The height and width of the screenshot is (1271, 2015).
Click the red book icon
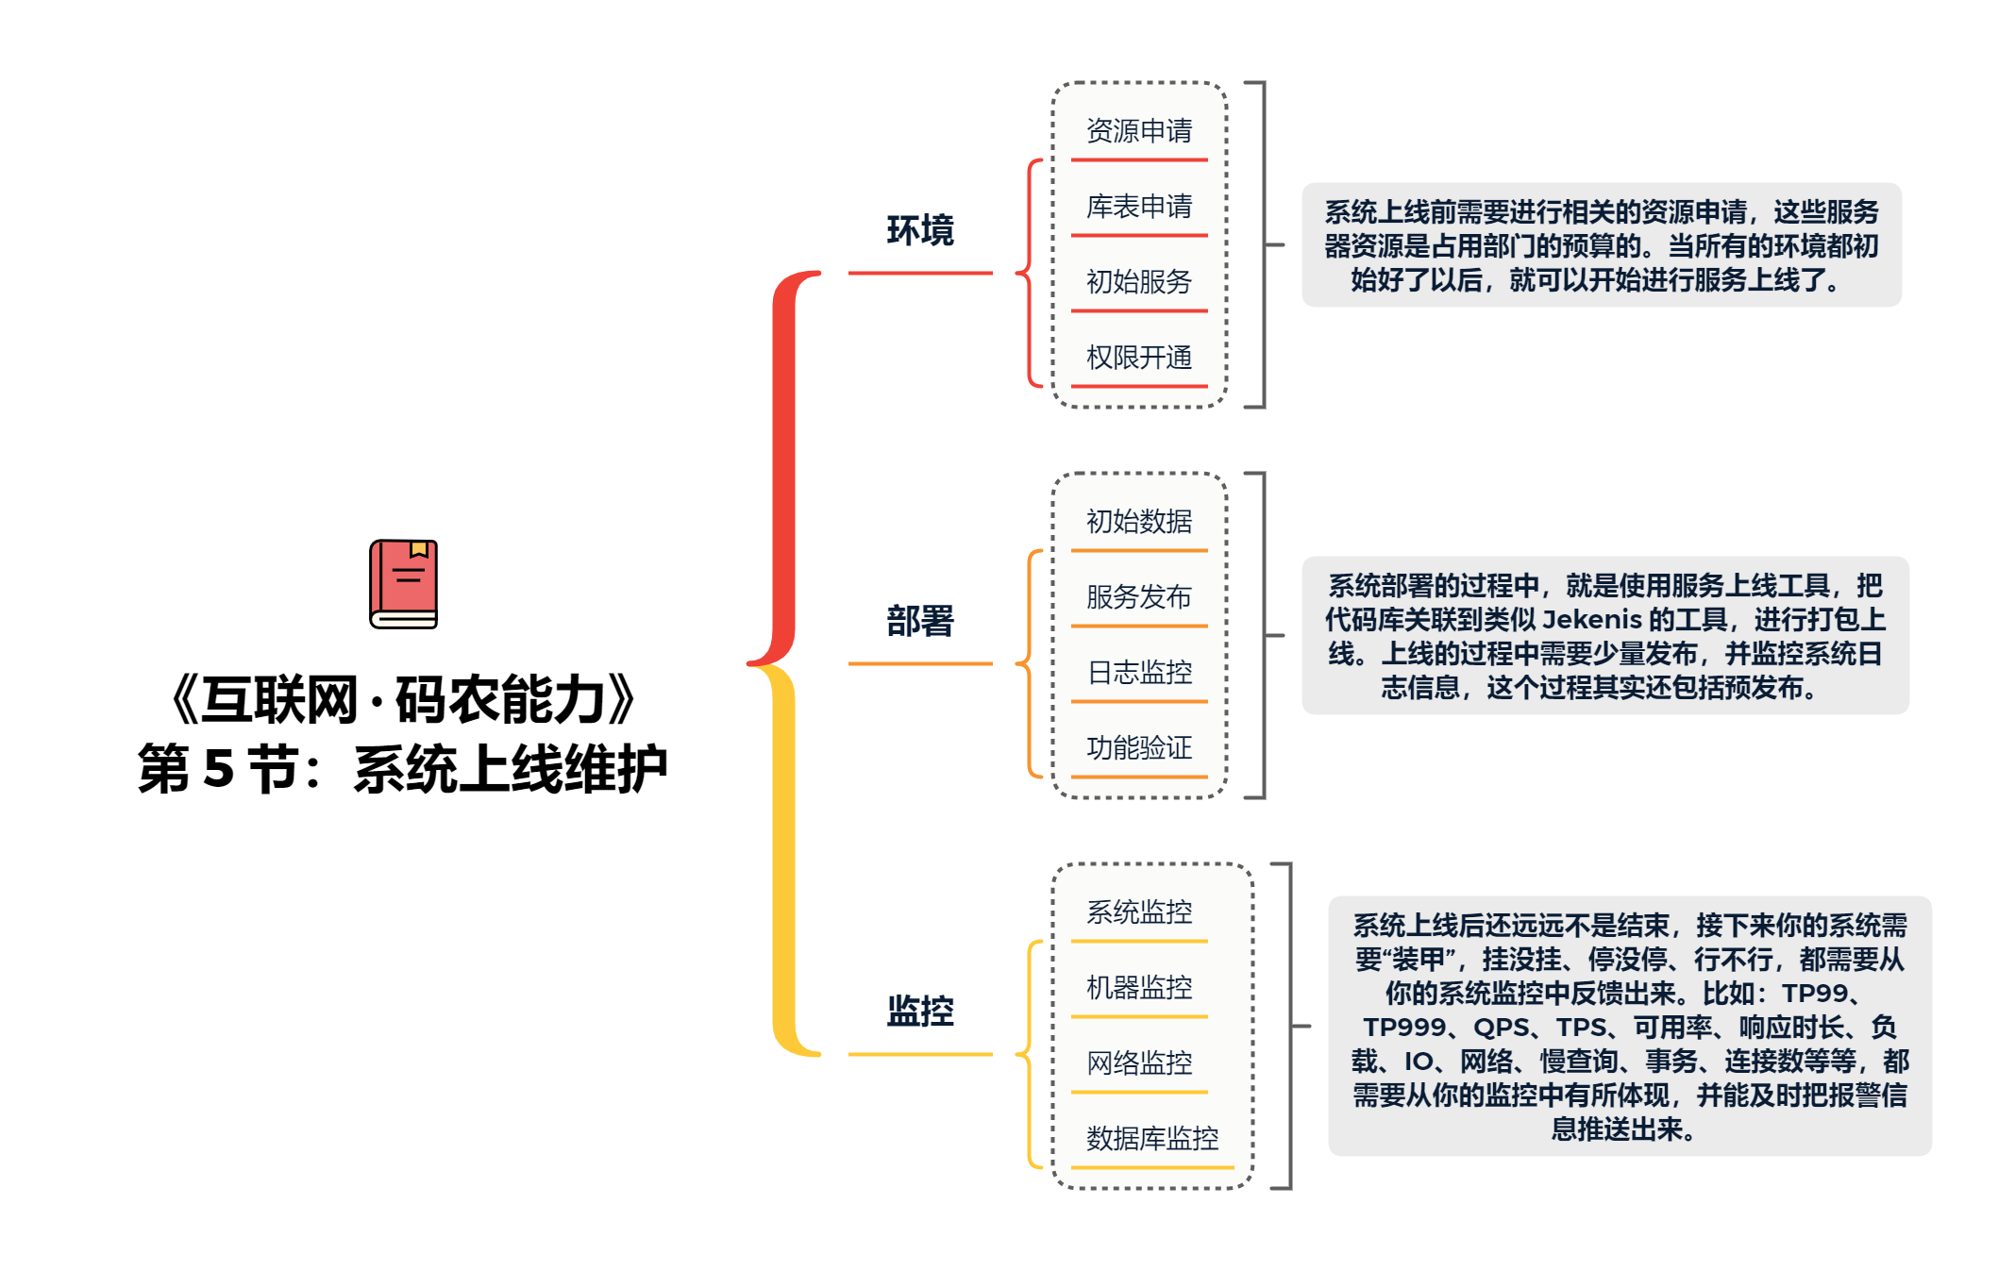pyautogui.click(x=403, y=584)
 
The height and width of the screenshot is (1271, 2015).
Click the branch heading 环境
pyautogui.click(x=920, y=230)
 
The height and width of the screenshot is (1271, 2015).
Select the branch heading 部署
pyautogui.click(x=920, y=621)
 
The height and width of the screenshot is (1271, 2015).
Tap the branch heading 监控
pyautogui.click(x=920, y=1012)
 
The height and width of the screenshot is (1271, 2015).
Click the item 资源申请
pyautogui.click(x=1139, y=130)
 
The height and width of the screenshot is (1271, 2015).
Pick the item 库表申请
pyautogui.click(x=1139, y=206)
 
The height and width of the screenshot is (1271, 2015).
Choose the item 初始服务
pyautogui.click(x=1139, y=281)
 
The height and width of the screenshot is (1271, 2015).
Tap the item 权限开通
pyautogui.click(x=1139, y=357)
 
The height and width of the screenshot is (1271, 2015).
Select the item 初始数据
pyautogui.click(x=1139, y=521)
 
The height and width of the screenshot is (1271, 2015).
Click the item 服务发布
pyautogui.click(x=1139, y=596)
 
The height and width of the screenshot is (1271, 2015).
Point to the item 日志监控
pyautogui.click(x=1139, y=672)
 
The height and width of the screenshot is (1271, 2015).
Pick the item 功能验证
pyautogui.click(x=1139, y=747)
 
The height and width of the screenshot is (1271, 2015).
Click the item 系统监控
pyautogui.click(x=1139, y=911)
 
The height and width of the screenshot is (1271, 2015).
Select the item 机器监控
pyautogui.click(x=1139, y=987)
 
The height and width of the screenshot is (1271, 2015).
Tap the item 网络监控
pyautogui.click(x=1139, y=1062)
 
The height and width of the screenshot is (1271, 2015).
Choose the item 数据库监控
pyautogui.click(x=1152, y=1138)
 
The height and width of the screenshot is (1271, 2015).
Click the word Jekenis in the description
pyautogui.click(x=1592, y=620)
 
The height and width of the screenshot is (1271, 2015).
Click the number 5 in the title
pyautogui.click(x=217, y=768)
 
